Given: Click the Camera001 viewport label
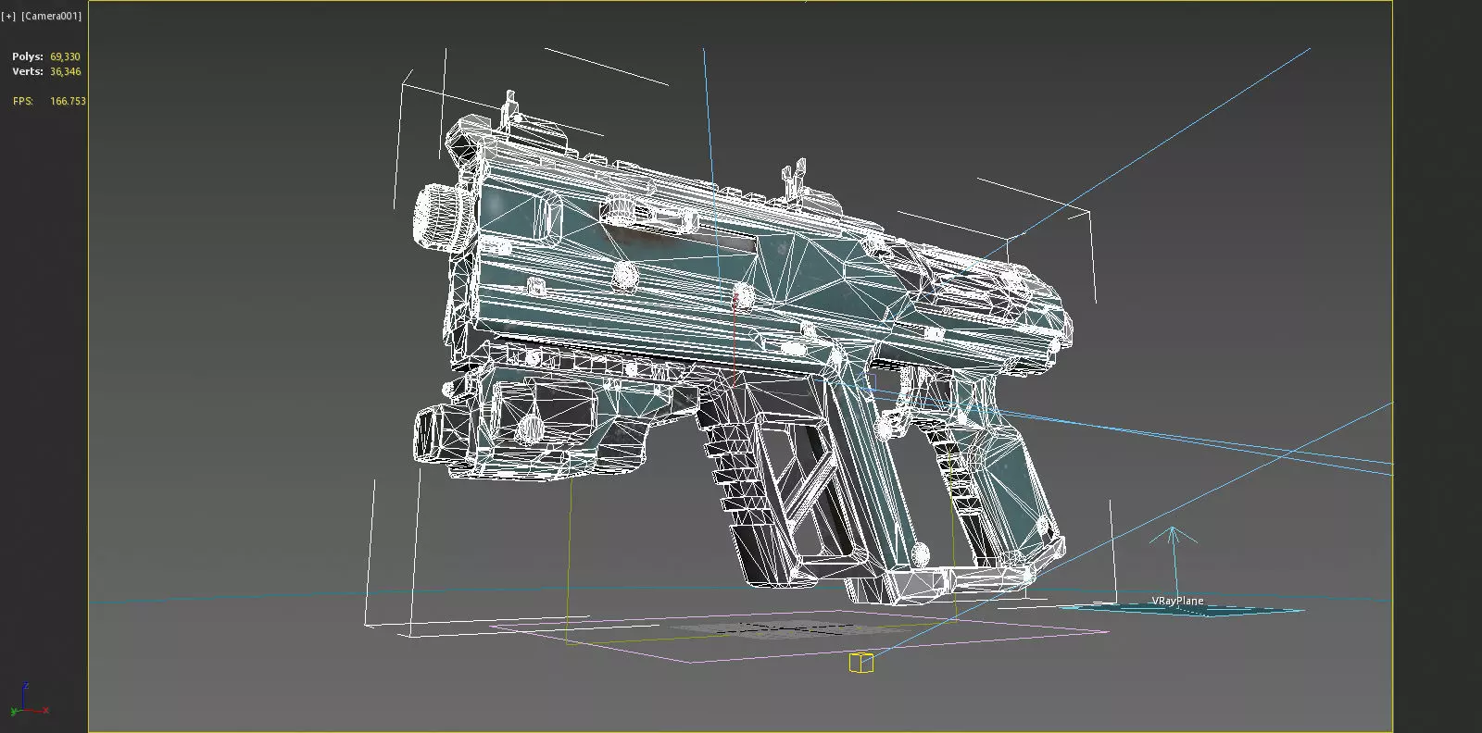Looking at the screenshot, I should (x=51, y=17).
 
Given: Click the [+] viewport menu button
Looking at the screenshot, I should (x=9, y=17).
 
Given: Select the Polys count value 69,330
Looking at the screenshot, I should (x=65, y=56).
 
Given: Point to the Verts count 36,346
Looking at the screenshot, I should (x=65, y=71).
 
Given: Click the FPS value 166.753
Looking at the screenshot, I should (x=68, y=101).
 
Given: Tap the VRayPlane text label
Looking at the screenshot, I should (x=1177, y=601).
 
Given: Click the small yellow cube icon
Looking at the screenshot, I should (x=860, y=662).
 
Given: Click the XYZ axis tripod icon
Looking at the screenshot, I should (x=26, y=701).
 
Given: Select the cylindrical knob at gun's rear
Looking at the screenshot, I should (x=433, y=217).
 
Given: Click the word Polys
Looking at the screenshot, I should (x=27, y=56).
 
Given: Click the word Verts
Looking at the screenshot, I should (x=27, y=71).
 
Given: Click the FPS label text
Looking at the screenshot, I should (x=23, y=101).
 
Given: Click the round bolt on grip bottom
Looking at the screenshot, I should (x=920, y=554).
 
